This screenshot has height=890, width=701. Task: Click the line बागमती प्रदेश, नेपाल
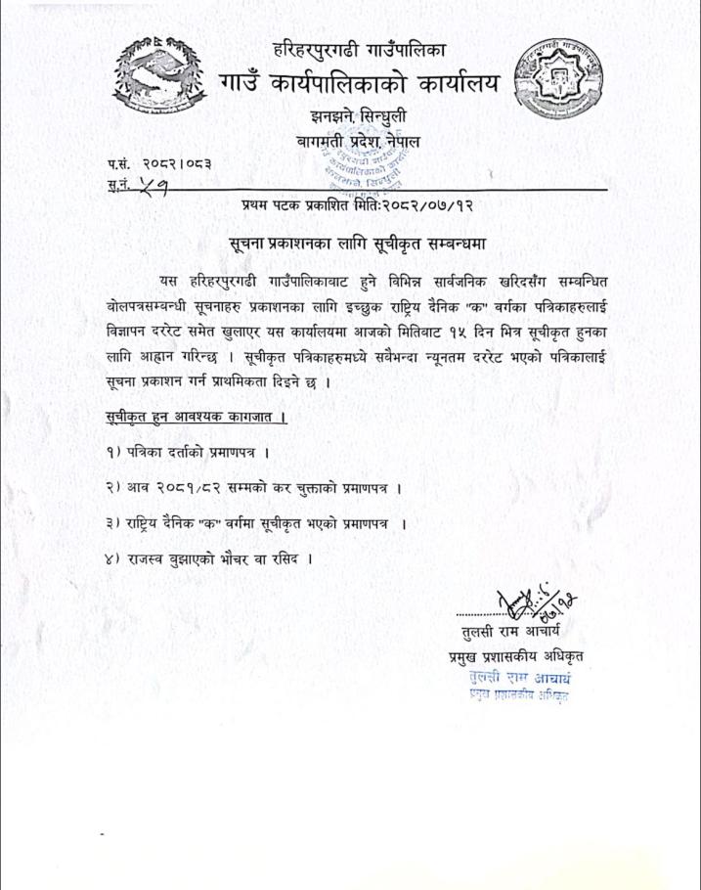tap(365, 143)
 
